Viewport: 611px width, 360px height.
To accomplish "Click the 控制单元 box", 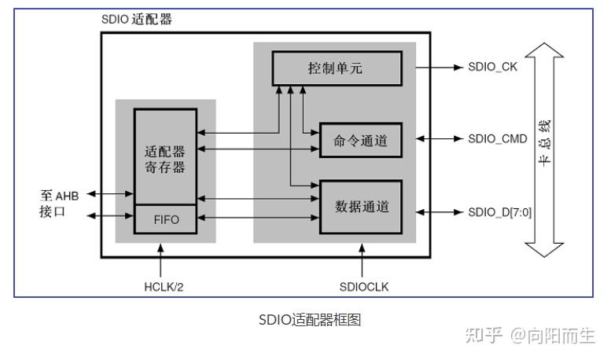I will [336, 68].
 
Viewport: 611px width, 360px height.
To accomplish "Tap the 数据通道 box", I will [361, 208].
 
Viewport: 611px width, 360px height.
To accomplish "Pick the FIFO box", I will [165, 219].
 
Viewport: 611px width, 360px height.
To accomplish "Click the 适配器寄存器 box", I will [165, 157].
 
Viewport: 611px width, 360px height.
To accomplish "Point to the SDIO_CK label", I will [491, 68].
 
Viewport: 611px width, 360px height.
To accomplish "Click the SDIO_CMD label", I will [496, 139].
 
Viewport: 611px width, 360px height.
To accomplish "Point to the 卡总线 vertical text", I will [544, 142].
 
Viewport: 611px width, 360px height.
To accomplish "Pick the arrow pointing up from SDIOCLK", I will [363, 259].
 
